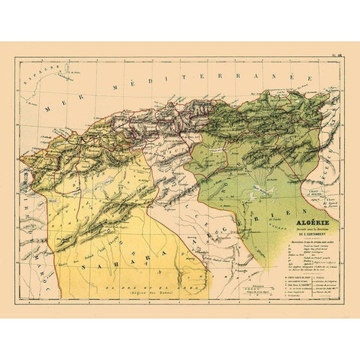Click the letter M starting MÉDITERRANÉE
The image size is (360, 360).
pyautogui.click(x=112, y=89)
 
